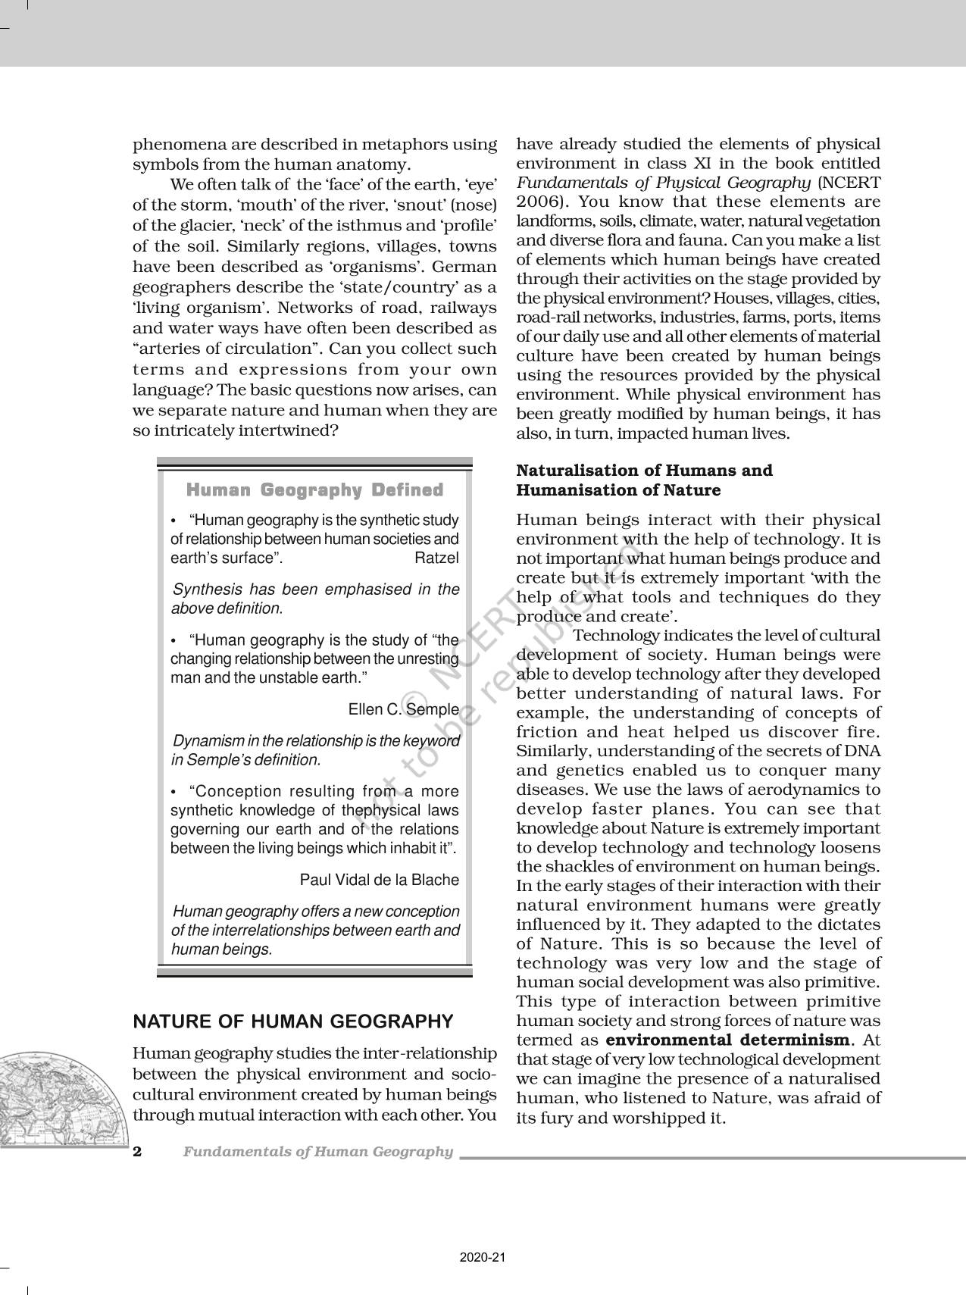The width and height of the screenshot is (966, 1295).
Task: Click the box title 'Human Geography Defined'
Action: point(314,490)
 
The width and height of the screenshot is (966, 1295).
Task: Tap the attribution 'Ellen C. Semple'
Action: point(403,709)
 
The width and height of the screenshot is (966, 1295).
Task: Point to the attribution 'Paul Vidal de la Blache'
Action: point(379,880)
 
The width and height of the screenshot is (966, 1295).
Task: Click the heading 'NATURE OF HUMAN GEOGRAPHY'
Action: point(293,1021)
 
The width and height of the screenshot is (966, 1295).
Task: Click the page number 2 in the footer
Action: point(137,1152)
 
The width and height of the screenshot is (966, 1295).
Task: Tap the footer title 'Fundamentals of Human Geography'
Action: point(317,1152)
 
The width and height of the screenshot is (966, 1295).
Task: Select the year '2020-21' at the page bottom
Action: point(483,1257)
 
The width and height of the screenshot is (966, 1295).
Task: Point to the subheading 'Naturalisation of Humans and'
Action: point(644,471)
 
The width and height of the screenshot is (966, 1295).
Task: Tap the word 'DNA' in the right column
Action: point(863,751)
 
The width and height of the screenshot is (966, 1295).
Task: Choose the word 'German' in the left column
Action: point(470,267)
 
